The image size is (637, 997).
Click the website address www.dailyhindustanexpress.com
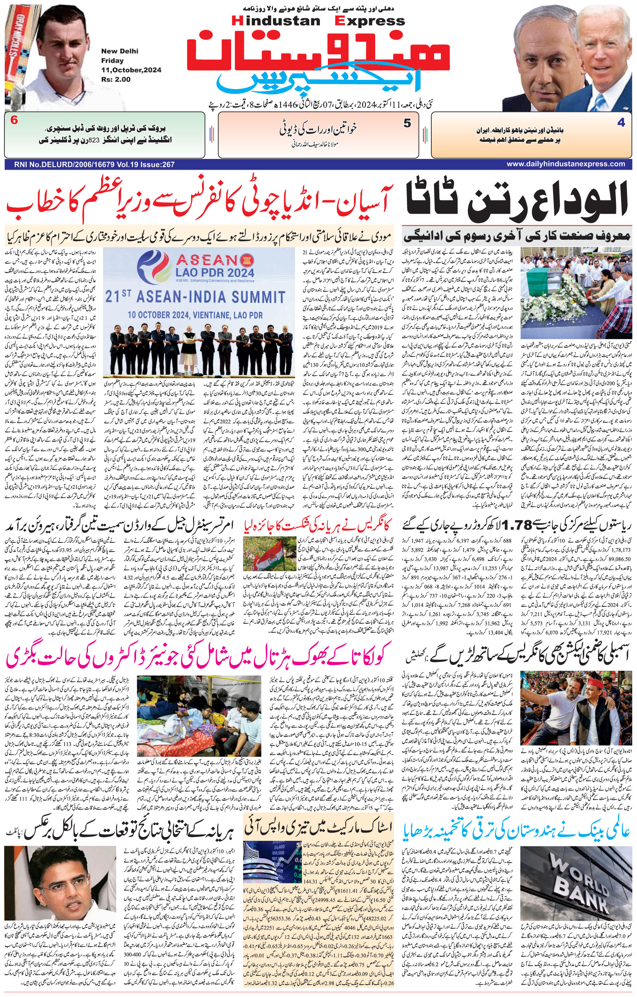pyautogui.click(x=566, y=165)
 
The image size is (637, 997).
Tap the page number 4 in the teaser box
pyautogui.click(x=621, y=123)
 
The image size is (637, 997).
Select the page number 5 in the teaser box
pyautogui.click(x=407, y=123)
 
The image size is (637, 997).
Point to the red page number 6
pyautogui.click(x=14, y=121)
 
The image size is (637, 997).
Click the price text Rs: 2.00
pyautogui.click(x=116, y=79)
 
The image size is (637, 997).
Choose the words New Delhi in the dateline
pyautogui.click(x=120, y=51)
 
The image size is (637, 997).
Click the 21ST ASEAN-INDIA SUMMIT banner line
pyautogui.click(x=195, y=297)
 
